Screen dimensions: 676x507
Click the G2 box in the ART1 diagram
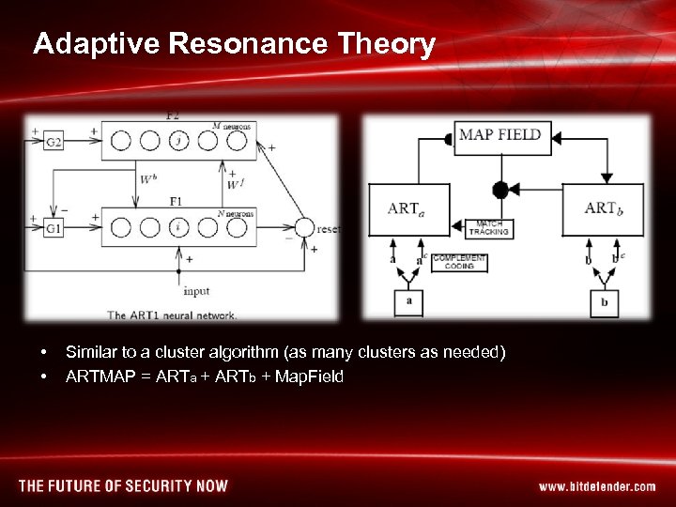(x=54, y=142)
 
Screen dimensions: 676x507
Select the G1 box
(x=54, y=227)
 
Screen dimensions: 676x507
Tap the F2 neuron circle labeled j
(x=180, y=141)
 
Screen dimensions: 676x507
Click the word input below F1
(x=196, y=291)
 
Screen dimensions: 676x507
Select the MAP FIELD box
(x=499, y=135)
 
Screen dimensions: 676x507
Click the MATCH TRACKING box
(x=488, y=227)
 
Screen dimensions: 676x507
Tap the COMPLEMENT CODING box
(x=459, y=262)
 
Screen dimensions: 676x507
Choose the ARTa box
(x=409, y=208)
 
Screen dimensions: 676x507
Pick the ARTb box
(x=603, y=208)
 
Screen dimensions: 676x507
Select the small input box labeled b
(x=604, y=303)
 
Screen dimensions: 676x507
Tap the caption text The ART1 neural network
(x=173, y=315)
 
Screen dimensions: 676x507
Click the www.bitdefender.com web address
(x=597, y=486)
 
